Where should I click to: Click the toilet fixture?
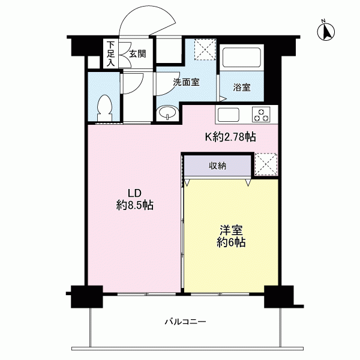pos(104,108)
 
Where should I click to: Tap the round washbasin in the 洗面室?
pos(167,113)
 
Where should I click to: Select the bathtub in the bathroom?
pos(242,57)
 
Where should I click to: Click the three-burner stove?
pos(261,115)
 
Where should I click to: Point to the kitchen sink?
pos(228,115)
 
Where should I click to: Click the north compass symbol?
pos(326,31)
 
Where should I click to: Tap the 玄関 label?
pos(137,54)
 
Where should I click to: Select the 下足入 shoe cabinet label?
pos(111,54)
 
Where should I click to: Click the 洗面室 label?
pos(186,82)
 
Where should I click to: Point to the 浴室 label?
pos(242,87)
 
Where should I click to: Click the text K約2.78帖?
pos(230,137)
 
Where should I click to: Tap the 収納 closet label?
pos(217,166)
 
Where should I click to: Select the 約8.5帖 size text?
pos(135,205)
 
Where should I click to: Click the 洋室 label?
pos(231,230)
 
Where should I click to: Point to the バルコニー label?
pos(185,322)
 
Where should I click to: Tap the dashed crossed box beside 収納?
pos(266,164)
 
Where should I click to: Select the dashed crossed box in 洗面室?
pos(205,50)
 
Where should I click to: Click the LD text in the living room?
pos(134,193)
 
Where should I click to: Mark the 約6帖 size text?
pos(231,242)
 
